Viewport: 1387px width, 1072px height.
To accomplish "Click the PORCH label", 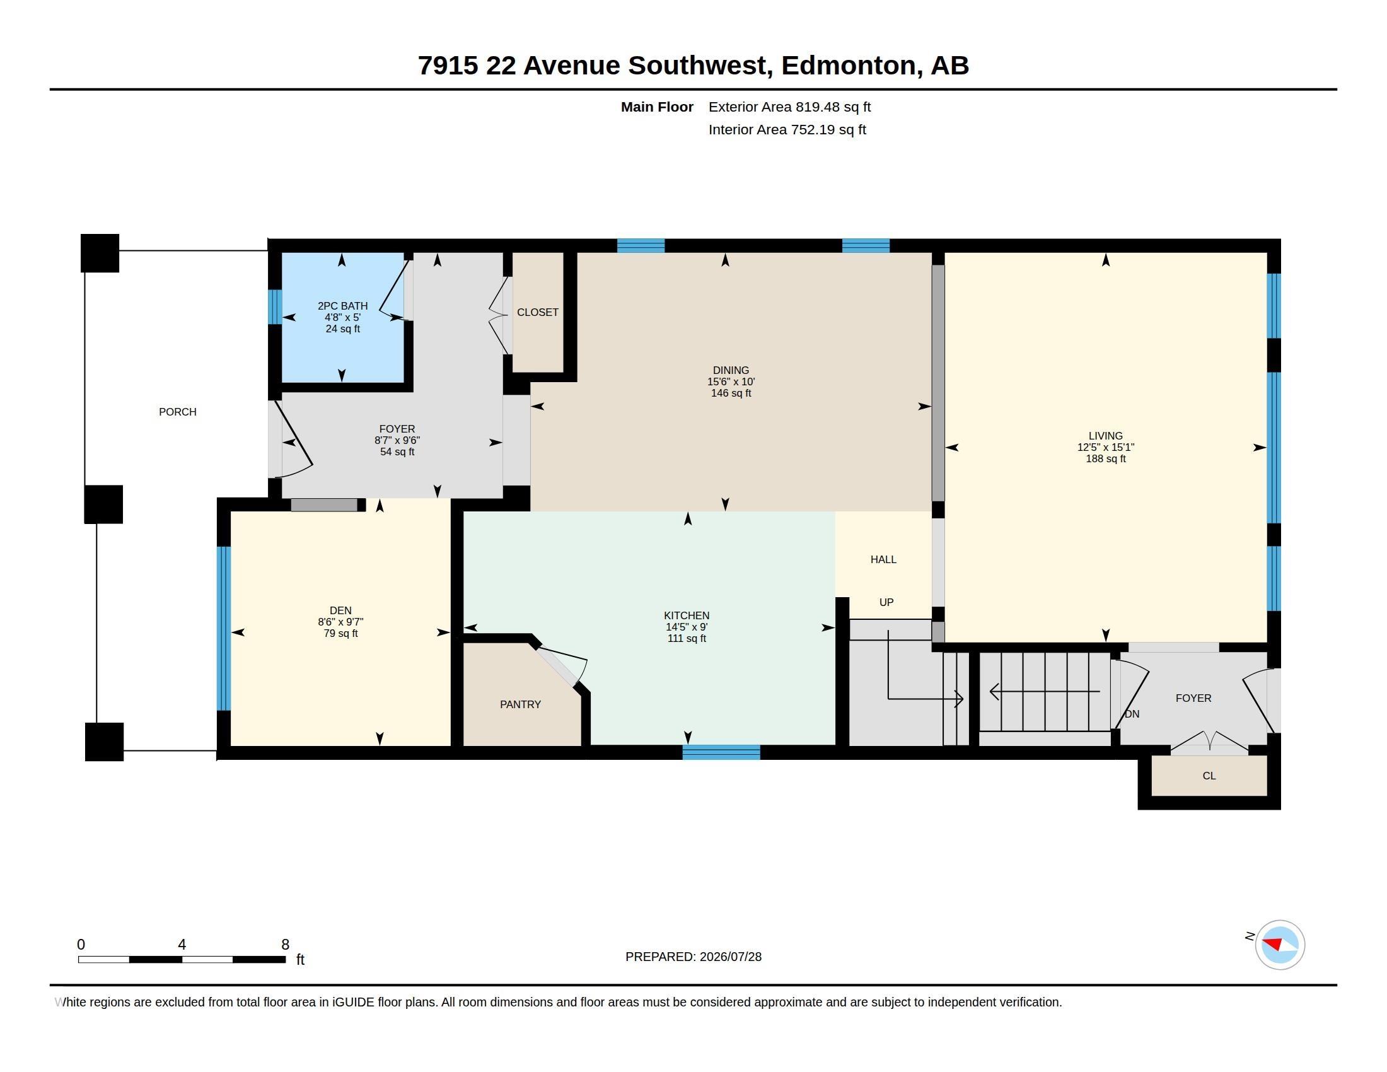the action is click(x=177, y=412).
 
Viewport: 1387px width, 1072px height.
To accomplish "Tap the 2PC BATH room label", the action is click(x=342, y=306).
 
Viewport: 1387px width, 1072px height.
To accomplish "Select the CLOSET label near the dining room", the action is click(x=537, y=312).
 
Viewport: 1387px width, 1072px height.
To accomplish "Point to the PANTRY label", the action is click(x=520, y=704).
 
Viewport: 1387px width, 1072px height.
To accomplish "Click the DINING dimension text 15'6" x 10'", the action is click(x=731, y=382).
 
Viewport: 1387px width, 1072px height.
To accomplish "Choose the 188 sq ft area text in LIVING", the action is click(x=1106, y=458).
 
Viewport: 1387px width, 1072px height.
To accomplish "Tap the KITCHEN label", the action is click(x=687, y=615).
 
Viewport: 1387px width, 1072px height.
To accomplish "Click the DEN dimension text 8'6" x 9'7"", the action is click(x=340, y=622).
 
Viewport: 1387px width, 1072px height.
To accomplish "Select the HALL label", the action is click(x=883, y=559).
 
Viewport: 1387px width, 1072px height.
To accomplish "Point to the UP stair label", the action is click(x=886, y=602).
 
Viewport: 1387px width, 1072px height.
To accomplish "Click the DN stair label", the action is click(x=1132, y=714).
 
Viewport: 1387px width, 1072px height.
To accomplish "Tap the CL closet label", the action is click(x=1209, y=776).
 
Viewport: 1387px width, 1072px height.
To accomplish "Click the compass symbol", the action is click(x=1280, y=945).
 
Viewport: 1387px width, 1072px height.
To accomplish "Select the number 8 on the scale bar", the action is click(x=285, y=945).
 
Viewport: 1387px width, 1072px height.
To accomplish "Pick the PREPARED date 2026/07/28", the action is click(x=730, y=957).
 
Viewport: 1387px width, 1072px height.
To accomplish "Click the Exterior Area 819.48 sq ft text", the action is click(x=789, y=107).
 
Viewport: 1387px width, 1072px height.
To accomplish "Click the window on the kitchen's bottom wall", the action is click(x=721, y=752).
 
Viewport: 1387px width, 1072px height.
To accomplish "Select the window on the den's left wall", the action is click(x=224, y=628).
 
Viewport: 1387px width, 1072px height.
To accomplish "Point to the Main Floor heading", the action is click(x=657, y=107).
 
